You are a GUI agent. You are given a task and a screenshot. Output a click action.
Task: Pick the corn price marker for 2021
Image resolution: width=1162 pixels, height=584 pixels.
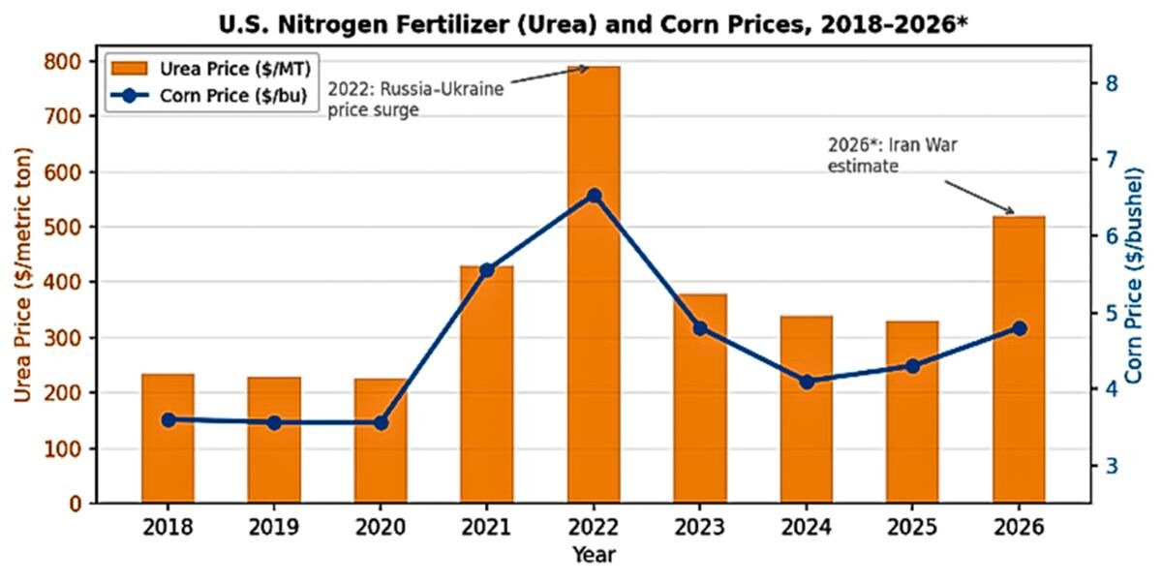pyautogui.click(x=487, y=270)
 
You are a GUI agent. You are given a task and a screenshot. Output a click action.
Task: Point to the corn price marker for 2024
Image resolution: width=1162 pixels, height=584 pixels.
pyautogui.click(x=807, y=382)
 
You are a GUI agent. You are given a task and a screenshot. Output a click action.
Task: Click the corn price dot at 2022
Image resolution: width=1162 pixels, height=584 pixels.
pyautogui.click(x=594, y=196)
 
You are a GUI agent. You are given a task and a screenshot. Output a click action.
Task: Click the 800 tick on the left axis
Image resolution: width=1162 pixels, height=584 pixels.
pyautogui.click(x=66, y=61)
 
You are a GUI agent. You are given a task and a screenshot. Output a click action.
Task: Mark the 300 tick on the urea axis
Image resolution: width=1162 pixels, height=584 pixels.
pyautogui.click(x=66, y=338)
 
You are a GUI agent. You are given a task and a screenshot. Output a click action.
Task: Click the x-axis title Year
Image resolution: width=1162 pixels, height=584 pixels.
pyautogui.click(x=593, y=555)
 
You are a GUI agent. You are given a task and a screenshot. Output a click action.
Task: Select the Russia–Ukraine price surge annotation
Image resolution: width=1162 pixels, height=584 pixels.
pyautogui.click(x=416, y=100)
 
